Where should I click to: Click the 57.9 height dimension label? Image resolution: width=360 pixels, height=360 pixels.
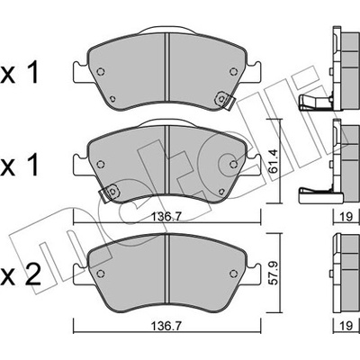(274, 274)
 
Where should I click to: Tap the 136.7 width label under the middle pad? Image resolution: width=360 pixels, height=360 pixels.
(166, 216)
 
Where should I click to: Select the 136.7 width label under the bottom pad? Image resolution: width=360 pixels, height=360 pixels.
(166, 326)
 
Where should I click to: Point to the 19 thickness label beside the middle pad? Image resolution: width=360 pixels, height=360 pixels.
(346, 216)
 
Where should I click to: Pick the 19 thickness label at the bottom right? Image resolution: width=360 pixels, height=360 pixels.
(346, 326)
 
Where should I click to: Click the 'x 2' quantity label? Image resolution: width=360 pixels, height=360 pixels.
(20, 275)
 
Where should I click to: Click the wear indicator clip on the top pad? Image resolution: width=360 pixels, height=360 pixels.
(225, 100)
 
